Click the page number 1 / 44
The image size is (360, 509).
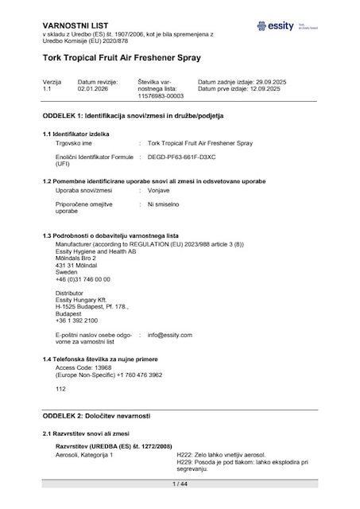[x=179, y=484]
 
